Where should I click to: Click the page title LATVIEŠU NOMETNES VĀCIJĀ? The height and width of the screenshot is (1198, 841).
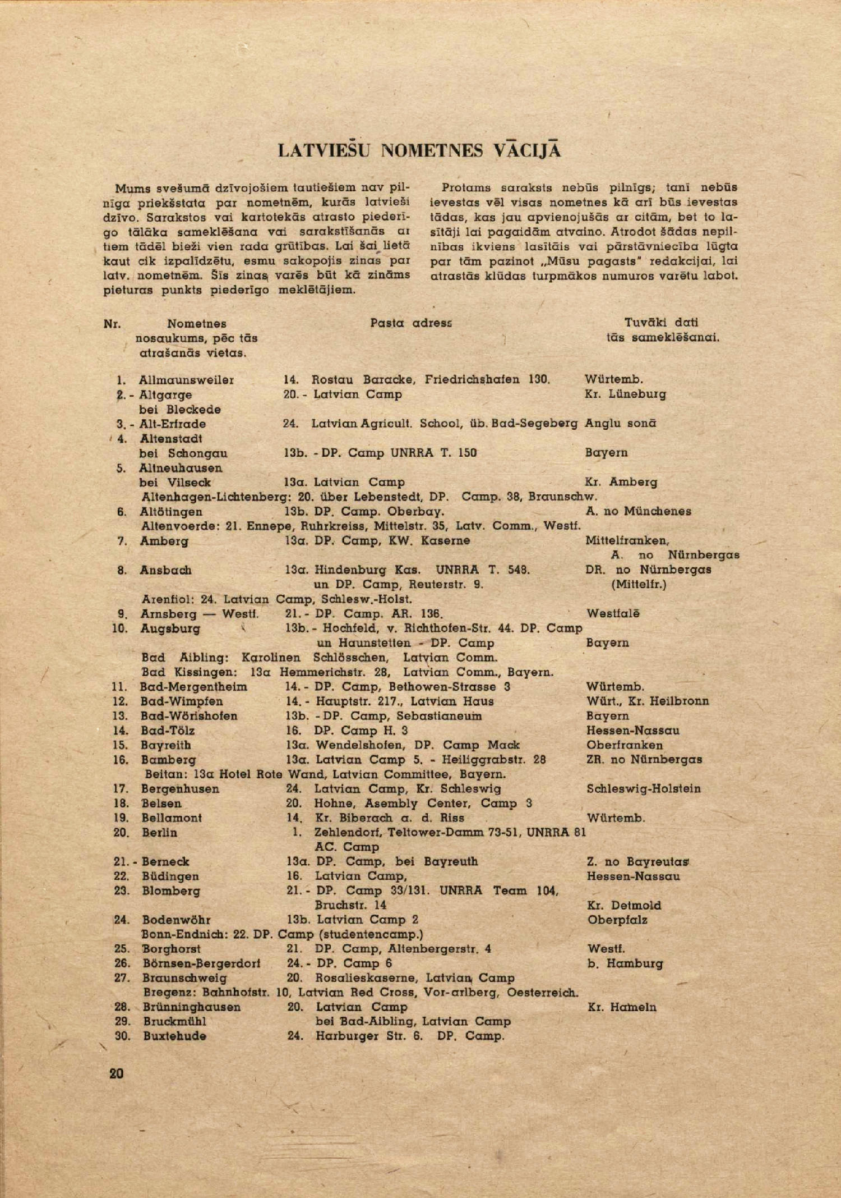click(419, 150)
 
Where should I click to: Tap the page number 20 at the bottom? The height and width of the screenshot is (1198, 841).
click(117, 1073)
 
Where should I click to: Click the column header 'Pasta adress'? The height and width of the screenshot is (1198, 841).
click(411, 323)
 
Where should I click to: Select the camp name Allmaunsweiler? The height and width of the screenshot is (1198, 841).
click(186, 380)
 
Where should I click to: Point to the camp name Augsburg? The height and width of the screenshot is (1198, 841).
click(170, 628)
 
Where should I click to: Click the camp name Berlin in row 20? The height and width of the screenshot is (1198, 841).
click(160, 833)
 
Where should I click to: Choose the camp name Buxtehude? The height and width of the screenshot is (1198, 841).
click(174, 1036)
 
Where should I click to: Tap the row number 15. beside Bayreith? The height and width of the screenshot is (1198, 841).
click(121, 745)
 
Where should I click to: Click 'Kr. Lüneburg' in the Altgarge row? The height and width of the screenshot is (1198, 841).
click(625, 394)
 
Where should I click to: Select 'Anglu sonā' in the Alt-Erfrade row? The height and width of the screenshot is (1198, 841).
click(620, 423)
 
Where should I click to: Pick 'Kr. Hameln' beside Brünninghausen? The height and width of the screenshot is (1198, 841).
click(622, 1007)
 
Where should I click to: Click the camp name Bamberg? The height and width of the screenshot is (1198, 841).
click(169, 760)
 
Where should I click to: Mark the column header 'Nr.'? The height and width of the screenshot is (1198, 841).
click(113, 324)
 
